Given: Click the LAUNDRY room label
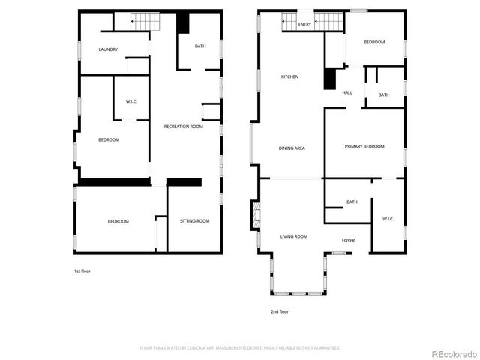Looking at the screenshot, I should [x=108, y=49].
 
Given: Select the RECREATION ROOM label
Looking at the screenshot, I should [x=184, y=127].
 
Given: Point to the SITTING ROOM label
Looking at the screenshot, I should [x=194, y=221].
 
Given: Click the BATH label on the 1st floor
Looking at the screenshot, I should [x=200, y=46].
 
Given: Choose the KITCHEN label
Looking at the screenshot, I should [x=289, y=76].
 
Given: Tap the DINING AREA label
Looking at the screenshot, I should [x=291, y=148].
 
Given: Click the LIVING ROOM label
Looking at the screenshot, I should [x=294, y=236].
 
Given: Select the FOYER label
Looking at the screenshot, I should [x=348, y=240].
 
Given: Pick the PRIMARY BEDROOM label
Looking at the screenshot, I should [x=364, y=146].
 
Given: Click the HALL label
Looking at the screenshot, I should [x=347, y=92].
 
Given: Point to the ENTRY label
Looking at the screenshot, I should [x=304, y=25].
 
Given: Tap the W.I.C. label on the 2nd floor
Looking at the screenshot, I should [x=388, y=219].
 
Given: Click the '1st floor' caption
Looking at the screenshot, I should [x=82, y=271].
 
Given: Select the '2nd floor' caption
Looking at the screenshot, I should [x=279, y=311].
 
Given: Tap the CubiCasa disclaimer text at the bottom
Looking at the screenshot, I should [x=240, y=348].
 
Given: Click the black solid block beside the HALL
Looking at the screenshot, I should [x=329, y=79].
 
